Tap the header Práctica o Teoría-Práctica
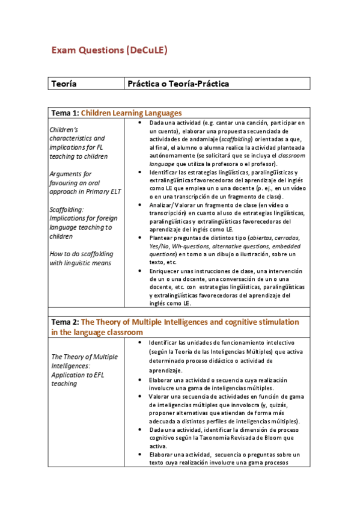[178, 84]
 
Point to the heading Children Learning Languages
[131, 112]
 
